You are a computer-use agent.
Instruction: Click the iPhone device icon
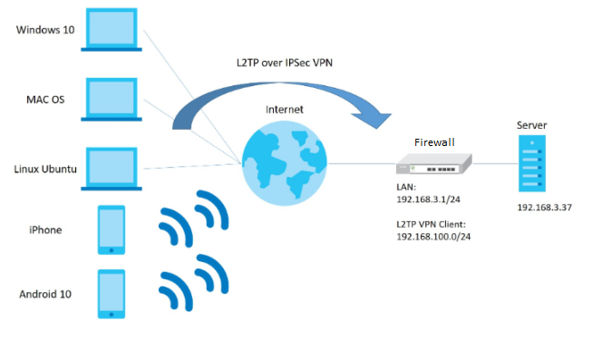point(112,229)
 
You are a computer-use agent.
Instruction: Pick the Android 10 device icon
point(112,293)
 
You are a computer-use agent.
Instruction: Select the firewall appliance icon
point(434,164)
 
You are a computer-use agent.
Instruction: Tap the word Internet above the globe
point(285,109)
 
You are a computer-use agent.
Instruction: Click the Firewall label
point(434,142)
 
